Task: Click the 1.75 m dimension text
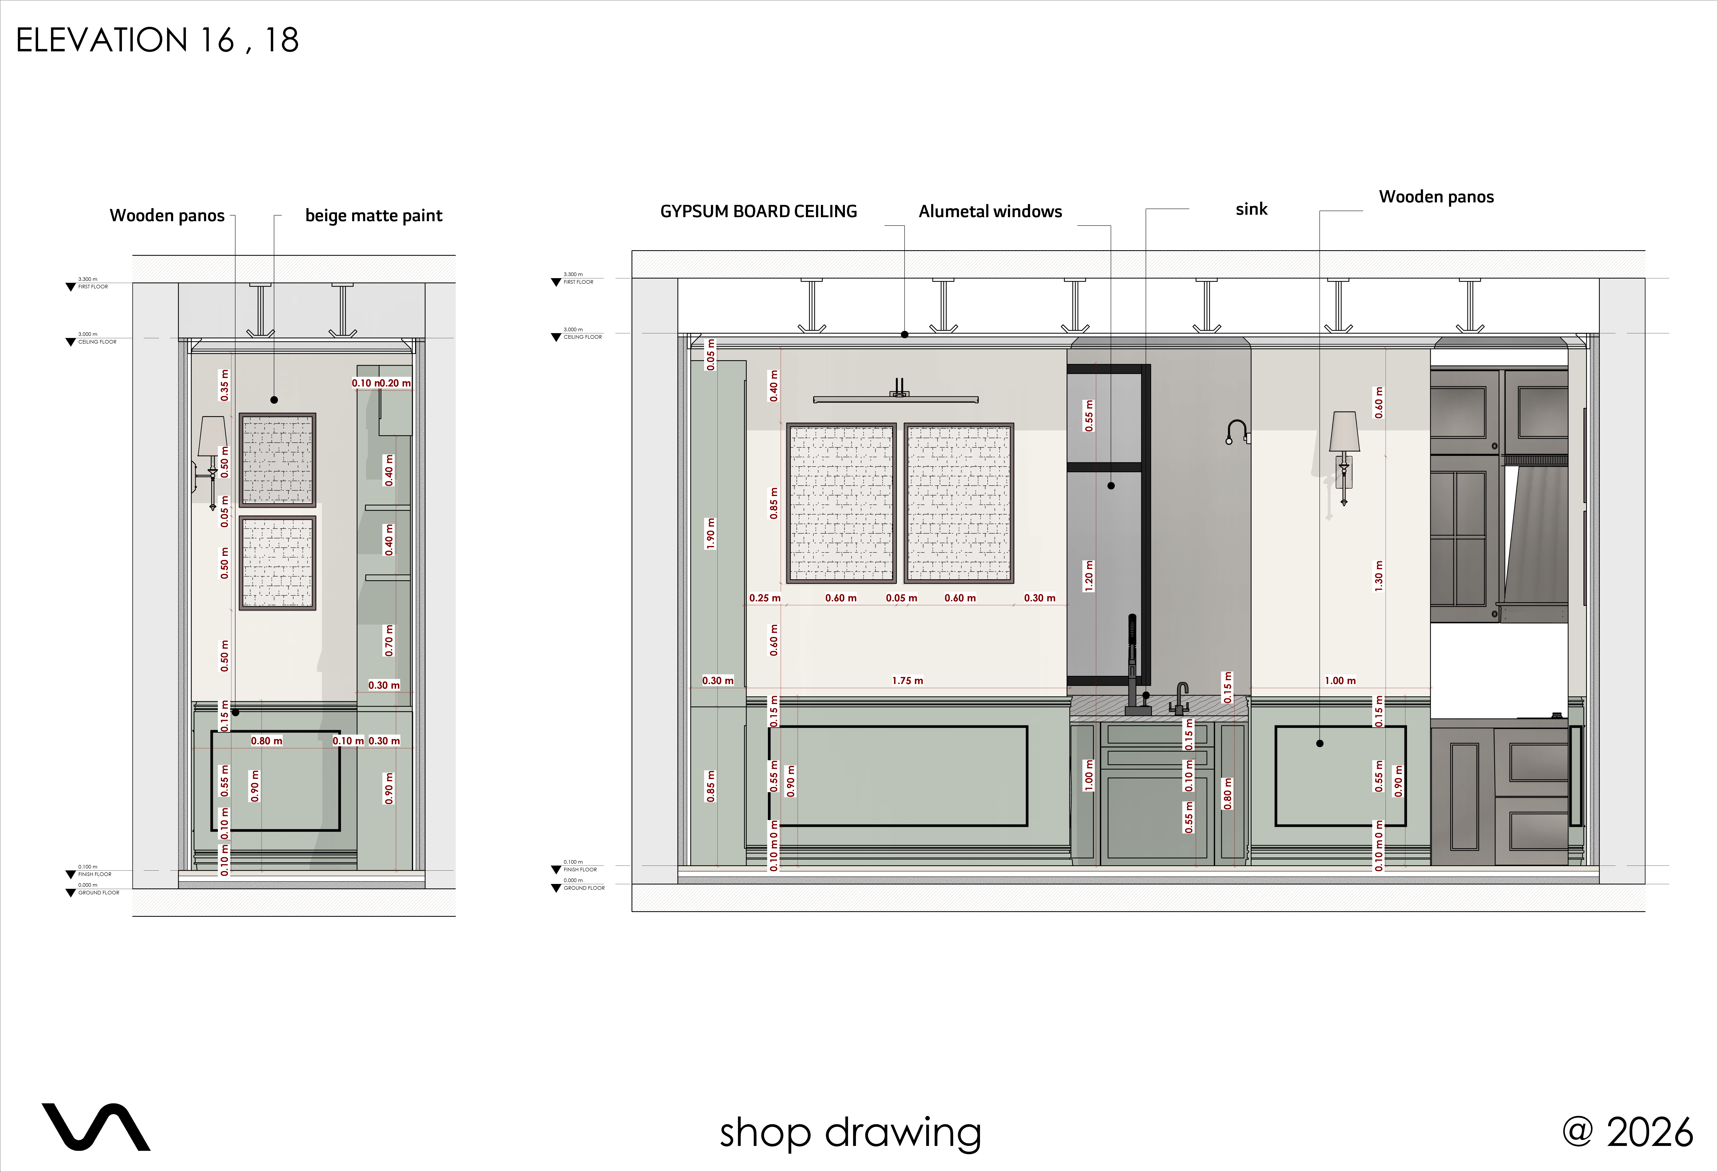pyautogui.click(x=907, y=681)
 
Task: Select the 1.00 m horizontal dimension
pyautogui.click(x=1339, y=681)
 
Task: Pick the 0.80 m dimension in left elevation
pyautogui.click(x=266, y=740)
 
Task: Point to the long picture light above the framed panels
pyautogui.click(x=895, y=399)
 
